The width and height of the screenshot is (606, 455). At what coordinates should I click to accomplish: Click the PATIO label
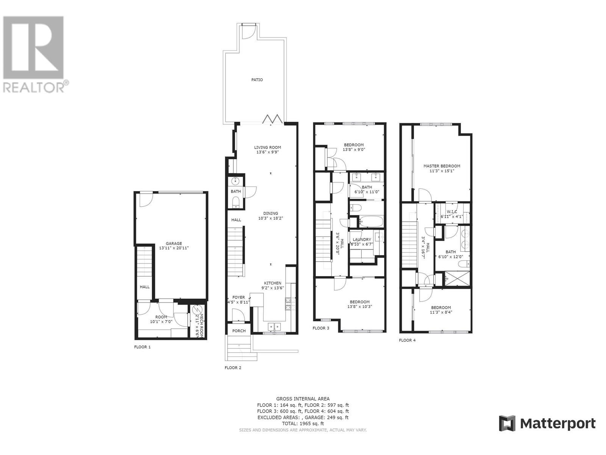(257, 80)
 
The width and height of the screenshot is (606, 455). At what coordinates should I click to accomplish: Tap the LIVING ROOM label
(267, 147)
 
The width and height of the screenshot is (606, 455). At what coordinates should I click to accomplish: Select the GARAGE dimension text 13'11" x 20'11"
(174, 248)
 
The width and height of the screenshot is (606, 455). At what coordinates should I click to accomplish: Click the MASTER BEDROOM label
(442, 166)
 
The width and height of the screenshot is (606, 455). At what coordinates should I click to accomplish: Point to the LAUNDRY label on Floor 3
(362, 240)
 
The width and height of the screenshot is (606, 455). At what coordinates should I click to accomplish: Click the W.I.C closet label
(451, 212)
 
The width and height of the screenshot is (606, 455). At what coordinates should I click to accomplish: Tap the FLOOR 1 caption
(142, 347)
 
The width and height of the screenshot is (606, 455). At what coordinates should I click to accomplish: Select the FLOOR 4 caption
(407, 340)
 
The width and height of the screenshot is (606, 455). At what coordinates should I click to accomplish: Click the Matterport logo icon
(507, 424)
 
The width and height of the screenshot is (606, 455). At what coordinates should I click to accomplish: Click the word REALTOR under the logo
(34, 88)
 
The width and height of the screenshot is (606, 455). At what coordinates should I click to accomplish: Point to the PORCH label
(239, 331)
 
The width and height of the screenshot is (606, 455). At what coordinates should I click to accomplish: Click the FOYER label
(239, 298)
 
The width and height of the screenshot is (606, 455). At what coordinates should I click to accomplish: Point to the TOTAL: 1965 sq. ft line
(303, 424)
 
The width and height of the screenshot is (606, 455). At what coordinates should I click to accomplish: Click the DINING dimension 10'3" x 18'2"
(270, 218)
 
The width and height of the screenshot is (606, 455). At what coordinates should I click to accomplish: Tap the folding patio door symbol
(273, 119)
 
